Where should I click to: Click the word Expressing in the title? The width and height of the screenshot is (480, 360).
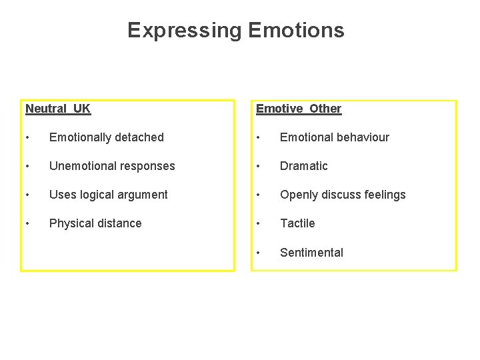185,31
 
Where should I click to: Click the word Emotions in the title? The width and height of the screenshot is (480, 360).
296,31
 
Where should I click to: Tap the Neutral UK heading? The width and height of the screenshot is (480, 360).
58,109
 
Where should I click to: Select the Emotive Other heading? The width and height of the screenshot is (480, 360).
299,109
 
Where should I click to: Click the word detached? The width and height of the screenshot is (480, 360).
139,137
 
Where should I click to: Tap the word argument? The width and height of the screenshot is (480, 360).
144,195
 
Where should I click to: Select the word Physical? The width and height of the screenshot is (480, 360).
71,223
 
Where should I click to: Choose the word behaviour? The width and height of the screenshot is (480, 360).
361,137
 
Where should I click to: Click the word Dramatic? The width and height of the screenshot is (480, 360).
304,166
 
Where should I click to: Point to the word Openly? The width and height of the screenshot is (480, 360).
299,195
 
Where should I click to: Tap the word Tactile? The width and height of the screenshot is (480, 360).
297,223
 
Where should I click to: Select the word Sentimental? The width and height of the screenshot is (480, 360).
311,253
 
